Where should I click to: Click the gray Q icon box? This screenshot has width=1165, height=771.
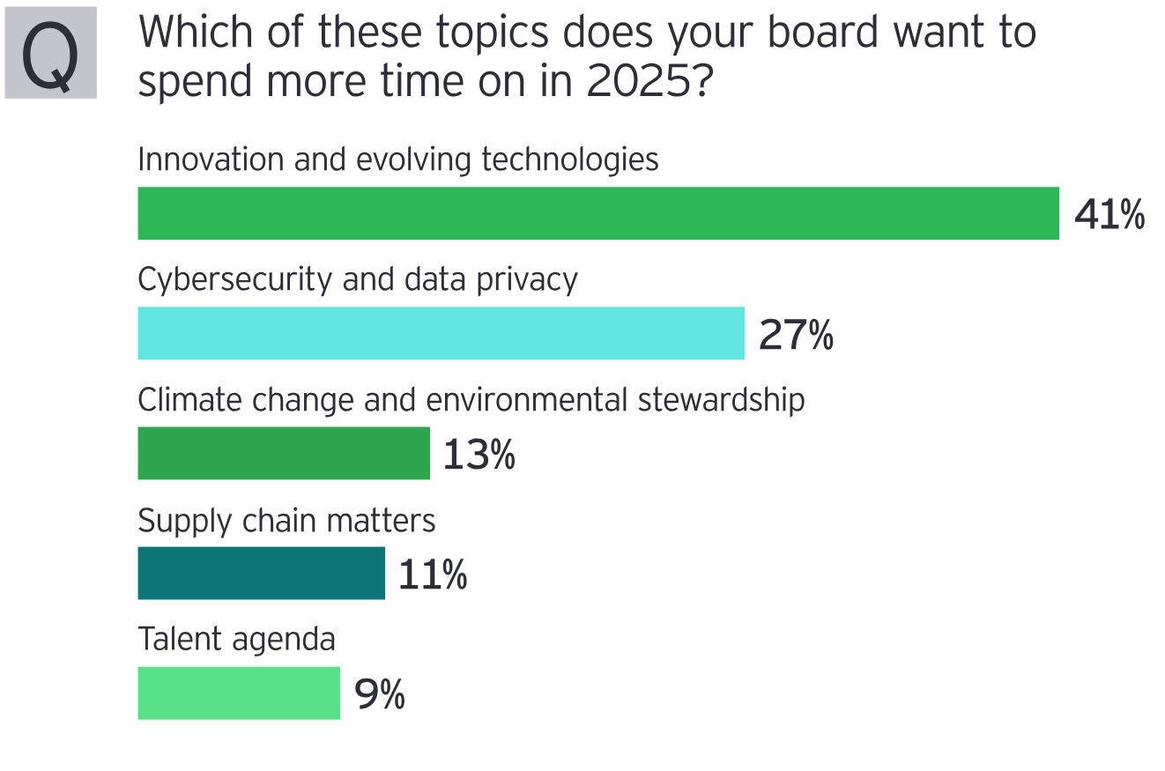pos(50,53)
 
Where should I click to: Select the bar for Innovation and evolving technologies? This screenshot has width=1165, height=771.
pos(597,213)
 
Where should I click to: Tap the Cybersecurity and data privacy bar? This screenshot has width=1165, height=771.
pos(441,333)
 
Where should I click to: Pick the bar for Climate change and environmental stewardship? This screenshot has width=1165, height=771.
pos(283,453)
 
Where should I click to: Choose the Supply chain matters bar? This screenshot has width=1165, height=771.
pos(261,573)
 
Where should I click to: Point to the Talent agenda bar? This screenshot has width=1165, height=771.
pos(238,693)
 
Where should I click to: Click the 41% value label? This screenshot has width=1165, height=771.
pos(1109,215)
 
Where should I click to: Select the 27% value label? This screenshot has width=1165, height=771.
pos(795,335)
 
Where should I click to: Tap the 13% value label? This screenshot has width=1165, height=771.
pos(479,455)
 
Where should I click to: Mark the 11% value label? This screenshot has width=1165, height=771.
pos(432,575)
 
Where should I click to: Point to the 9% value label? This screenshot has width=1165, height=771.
pos(379,694)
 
